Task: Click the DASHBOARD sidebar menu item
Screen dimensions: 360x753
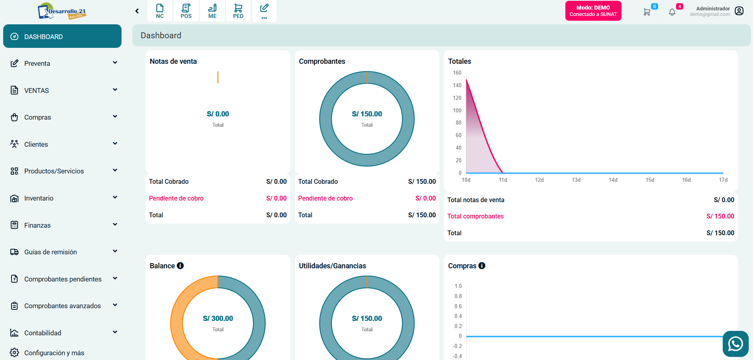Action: pos(62,36)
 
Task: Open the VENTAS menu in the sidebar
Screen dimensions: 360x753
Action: pos(37,90)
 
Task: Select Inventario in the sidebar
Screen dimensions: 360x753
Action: pos(39,198)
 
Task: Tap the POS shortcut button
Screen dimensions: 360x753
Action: pos(186,11)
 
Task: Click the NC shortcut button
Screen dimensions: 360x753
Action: pos(160,11)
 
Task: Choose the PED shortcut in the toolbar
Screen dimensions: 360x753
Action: pos(238,11)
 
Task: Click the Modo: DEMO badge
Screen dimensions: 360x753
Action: pos(593,11)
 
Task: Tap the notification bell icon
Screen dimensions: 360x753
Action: pos(672,12)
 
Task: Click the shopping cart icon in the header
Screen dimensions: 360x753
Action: pos(647,12)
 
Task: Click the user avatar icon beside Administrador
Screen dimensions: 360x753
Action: pos(739,11)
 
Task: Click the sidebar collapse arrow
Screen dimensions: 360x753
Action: pos(137,11)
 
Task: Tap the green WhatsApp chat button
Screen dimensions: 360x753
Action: pos(735,344)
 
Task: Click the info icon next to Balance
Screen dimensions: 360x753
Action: pos(180,266)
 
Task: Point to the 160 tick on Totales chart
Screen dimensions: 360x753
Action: pos(457,73)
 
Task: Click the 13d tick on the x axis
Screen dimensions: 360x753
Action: pos(576,180)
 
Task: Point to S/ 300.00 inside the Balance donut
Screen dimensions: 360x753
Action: pos(218,319)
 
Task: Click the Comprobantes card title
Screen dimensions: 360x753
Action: pos(322,61)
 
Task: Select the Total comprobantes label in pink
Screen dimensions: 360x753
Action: pos(475,216)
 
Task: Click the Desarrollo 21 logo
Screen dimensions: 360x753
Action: pos(62,11)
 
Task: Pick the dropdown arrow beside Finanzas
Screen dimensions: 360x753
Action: pos(115,224)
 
